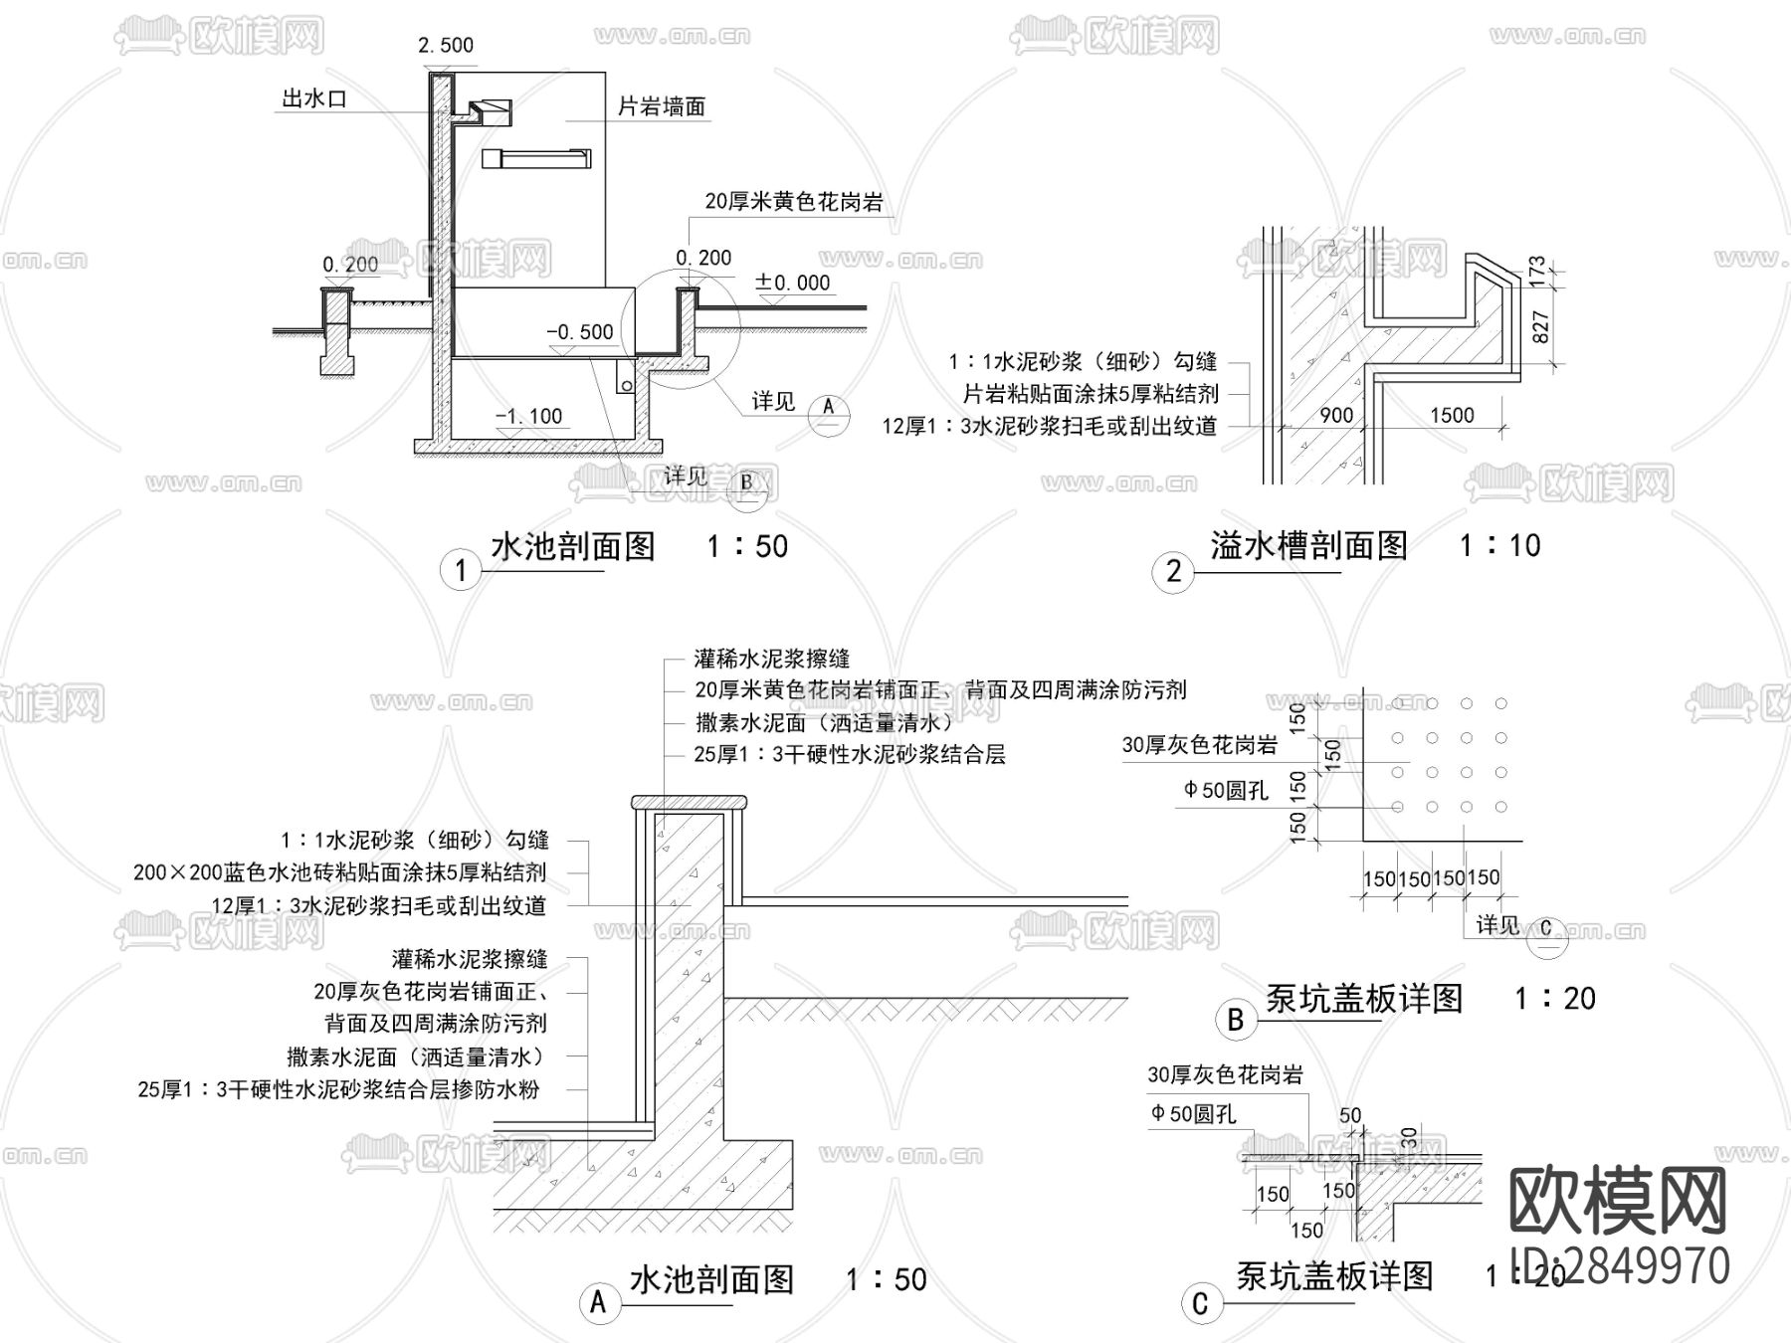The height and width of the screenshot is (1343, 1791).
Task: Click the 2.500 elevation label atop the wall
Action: [x=445, y=45]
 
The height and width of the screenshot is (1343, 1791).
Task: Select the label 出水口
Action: [x=314, y=98]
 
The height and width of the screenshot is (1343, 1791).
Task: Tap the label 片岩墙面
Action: [x=661, y=106]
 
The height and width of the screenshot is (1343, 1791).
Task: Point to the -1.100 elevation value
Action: [x=529, y=416]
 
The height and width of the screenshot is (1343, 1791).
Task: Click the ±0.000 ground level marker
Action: [x=793, y=283]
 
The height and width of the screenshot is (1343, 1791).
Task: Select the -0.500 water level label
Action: [x=580, y=331]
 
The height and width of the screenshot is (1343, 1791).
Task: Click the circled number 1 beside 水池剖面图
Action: [x=460, y=570]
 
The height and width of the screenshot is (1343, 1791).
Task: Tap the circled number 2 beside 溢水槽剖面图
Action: [x=1173, y=570]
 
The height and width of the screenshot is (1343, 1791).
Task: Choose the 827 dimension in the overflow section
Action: [x=1539, y=327]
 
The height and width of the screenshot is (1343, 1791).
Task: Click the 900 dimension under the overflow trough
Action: [x=1336, y=415]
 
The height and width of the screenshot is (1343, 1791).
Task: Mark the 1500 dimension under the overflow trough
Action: [x=1452, y=415]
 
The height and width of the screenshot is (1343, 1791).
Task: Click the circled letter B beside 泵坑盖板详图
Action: [x=1236, y=1020]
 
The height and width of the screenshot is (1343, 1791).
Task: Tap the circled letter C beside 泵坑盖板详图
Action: [x=1200, y=1303]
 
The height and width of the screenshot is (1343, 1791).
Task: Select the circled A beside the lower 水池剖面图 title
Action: [x=598, y=1302]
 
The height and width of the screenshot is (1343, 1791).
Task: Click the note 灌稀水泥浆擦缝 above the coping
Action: [x=772, y=659]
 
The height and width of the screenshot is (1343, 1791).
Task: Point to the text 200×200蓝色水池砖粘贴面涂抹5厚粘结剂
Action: [x=339, y=872]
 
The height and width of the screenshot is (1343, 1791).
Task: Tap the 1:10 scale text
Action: [x=1499, y=545]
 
